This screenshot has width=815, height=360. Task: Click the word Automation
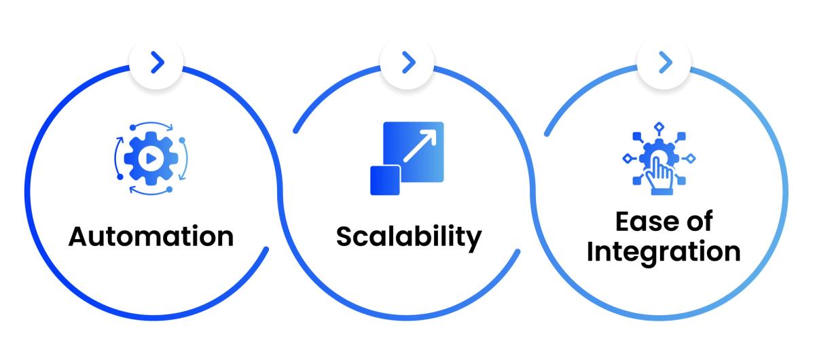pos(151,236)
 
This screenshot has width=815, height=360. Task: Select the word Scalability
pos(408,237)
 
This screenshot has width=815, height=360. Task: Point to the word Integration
pos(664,251)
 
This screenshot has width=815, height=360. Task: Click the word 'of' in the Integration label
pos(698,222)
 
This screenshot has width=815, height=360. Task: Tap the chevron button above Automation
pos(158,63)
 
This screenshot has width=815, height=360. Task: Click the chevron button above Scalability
pos(408,63)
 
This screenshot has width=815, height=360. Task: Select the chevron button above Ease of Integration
pos(665,63)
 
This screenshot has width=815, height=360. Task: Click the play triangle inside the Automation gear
pos(147,158)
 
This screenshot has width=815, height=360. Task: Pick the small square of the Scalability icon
pos(385,179)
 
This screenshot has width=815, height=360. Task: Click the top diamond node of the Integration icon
pos(657,126)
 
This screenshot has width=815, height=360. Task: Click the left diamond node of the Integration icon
pos(626,159)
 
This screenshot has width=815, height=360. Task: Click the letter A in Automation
pos(80,236)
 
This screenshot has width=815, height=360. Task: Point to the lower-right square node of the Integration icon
pos(681,181)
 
